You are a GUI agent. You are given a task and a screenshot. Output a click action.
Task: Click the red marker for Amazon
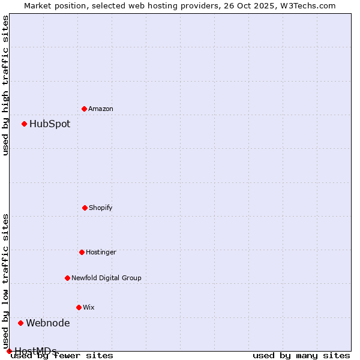[85, 109]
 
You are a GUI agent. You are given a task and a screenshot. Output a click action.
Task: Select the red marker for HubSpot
[25, 124]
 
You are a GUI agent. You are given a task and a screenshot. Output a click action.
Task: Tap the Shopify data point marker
[85, 208]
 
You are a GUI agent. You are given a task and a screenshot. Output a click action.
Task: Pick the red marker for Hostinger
[82, 252]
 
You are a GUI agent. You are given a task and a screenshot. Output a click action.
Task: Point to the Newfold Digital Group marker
[68, 278]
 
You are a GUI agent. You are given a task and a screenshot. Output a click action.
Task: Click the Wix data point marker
[79, 307]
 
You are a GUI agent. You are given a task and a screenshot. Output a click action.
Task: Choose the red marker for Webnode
[21, 323]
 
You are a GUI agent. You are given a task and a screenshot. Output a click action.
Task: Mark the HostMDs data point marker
[10, 351]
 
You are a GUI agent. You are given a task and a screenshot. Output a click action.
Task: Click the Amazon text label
[101, 109]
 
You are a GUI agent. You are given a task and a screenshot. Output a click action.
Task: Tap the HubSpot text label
[50, 124]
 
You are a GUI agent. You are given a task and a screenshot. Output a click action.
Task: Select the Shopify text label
[101, 208]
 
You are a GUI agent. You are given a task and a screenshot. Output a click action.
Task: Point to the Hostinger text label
[101, 252]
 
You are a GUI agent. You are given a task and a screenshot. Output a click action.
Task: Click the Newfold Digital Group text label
[106, 278]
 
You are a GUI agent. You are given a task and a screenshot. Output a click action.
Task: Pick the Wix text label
[89, 307]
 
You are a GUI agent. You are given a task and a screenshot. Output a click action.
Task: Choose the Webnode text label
[48, 323]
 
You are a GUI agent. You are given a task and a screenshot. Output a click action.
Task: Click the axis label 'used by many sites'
[301, 356]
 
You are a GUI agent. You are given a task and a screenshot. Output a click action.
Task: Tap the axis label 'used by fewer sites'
[62, 356]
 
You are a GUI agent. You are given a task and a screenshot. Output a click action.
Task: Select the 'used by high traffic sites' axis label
[6, 85]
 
